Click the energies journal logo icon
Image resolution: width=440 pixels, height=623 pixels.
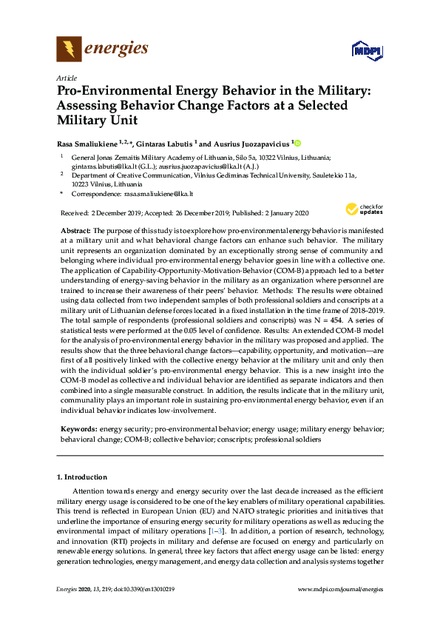pos(69,50)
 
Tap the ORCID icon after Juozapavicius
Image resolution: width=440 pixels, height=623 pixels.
pos(299,143)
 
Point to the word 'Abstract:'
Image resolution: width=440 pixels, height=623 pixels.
pos(75,232)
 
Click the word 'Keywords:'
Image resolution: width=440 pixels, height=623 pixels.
pos(78,428)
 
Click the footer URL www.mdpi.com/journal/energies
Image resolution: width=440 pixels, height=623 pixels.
pos(340,589)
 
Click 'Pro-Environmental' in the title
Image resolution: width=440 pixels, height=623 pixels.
pos(123,91)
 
